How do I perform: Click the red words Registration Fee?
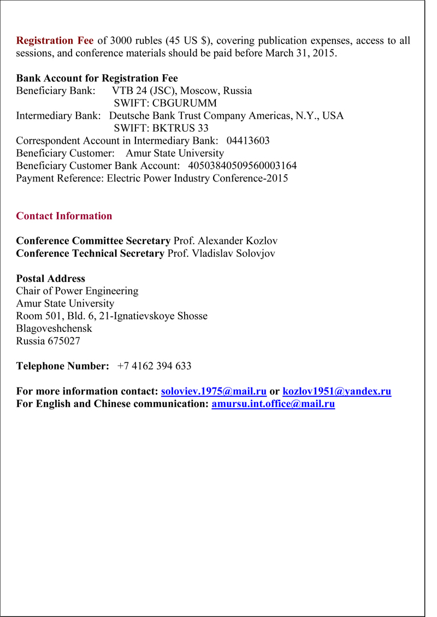click(55, 41)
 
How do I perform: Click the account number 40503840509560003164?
click(242, 166)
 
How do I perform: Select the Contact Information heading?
click(64, 216)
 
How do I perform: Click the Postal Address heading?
click(50, 279)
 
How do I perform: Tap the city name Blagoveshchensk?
click(54, 328)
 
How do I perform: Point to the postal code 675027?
click(64, 341)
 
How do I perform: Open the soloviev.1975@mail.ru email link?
click(214, 391)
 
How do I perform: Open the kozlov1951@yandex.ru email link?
click(336, 391)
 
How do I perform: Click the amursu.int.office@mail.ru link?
click(273, 404)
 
